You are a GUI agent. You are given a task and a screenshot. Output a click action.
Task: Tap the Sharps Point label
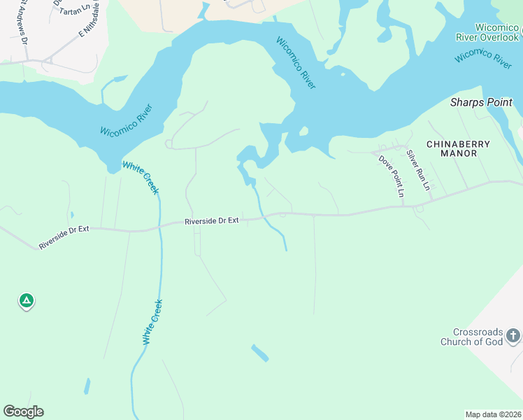point(481,102)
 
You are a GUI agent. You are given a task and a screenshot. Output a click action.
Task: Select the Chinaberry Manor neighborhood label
point(458,144)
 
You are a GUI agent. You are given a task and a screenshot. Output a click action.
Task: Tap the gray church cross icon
point(513,336)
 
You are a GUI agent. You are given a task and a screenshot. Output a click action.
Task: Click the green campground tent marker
point(26,301)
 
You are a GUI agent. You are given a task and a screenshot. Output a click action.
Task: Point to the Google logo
point(23,412)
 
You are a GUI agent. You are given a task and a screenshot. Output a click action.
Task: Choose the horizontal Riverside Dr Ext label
point(212,220)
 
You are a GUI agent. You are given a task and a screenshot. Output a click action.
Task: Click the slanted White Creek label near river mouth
point(141,178)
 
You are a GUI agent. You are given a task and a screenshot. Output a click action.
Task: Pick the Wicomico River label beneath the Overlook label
point(483,57)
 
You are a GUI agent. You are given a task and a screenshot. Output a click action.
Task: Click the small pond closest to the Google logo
point(87,386)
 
